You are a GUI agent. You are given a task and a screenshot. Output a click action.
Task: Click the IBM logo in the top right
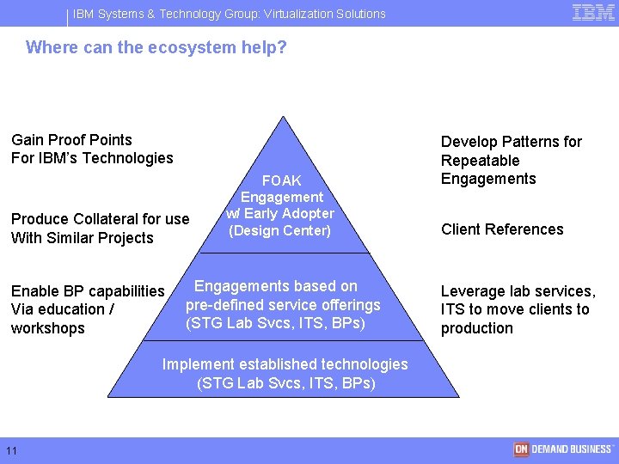pos(593,12)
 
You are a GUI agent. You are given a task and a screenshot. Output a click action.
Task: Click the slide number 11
pos(12,451)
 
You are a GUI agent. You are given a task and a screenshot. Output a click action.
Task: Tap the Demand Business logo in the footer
pos(563,449)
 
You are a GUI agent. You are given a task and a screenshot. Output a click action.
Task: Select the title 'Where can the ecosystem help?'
pos(156,47)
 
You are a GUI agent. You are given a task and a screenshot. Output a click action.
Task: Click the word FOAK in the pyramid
pos(281,180)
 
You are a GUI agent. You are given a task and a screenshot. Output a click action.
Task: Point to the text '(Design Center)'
pos(279,230)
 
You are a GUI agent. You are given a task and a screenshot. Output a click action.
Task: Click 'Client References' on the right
pos(502,229)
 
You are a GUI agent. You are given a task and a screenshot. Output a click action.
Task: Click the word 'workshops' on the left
pos(48,328)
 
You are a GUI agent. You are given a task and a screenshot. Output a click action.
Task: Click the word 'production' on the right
pos(476,328)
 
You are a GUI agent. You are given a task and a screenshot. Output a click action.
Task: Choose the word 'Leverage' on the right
pos(473,291)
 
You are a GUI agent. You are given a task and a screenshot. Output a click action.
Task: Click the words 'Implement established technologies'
pos(285,364)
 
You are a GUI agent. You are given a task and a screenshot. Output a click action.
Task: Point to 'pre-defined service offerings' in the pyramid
pos(283,305)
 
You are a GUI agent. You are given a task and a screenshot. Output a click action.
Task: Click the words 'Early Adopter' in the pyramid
pos(291,214)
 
